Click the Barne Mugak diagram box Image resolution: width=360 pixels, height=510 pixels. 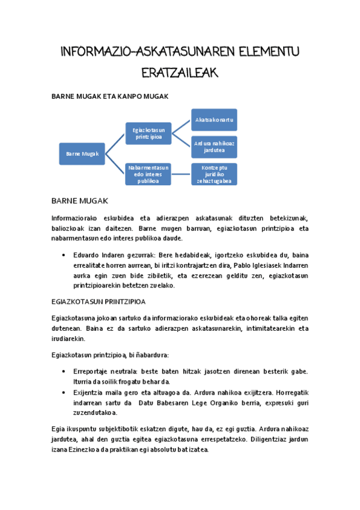(x=82, y=153)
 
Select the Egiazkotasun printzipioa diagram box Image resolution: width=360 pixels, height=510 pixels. (x=148, y=134)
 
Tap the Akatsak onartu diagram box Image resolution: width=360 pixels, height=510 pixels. (x=214, y=120)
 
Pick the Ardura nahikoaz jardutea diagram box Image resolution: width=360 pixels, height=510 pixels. (x=214, y=147)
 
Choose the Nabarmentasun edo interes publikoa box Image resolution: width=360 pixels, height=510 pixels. (x=148, y=174)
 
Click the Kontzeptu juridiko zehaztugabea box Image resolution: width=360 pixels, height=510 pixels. (x=214, y=174)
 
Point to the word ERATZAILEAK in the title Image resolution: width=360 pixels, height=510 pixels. (x=179, y=73)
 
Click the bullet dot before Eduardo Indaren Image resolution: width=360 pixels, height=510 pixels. (x=64, y=255)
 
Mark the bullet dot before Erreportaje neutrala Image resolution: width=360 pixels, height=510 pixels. (x=64, y=372)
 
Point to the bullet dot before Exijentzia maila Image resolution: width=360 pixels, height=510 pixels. (x=64, y=392)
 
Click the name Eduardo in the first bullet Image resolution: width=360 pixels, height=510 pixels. (x=86, y=255)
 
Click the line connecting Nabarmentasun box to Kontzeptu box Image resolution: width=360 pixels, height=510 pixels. (x=181, y=174)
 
